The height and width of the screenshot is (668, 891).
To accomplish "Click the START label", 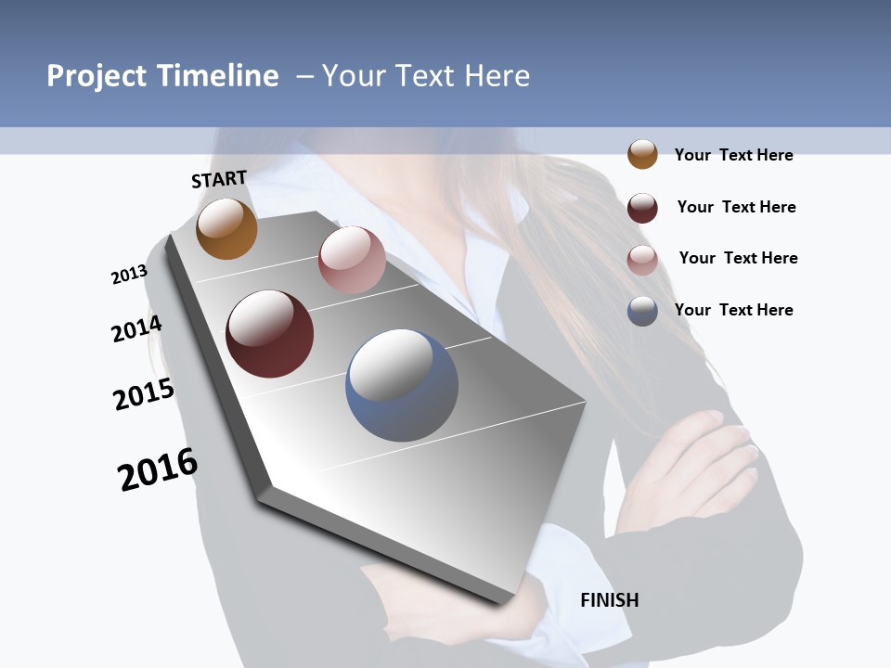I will pos(219,179).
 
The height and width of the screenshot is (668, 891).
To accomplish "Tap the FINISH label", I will pos(609,600).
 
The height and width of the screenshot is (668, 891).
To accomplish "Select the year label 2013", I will pos(129,275).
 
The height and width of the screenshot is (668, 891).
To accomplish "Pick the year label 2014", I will pos(136,328).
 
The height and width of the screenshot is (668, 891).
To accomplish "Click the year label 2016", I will pos(158,469).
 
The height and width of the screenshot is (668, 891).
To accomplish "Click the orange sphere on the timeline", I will pos(226,229).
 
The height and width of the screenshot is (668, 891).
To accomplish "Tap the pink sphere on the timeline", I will pos(352,260).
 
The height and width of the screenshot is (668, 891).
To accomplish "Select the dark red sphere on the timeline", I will pos(270,334).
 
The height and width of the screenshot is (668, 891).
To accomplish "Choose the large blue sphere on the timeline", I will pos(402,385).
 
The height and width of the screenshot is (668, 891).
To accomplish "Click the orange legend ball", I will pos(642,154).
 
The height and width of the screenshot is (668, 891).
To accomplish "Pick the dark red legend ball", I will pos(642,208).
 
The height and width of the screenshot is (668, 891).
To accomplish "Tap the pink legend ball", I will pos(642,260).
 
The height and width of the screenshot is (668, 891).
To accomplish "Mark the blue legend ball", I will pos(642,311).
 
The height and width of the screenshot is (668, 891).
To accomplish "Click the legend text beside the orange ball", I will pos(733,155).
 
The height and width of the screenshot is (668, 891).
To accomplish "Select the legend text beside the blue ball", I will pos(733,310).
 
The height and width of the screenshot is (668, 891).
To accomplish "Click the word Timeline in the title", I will pos(217,76).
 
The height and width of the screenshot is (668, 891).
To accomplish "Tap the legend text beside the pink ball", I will pos(738,258).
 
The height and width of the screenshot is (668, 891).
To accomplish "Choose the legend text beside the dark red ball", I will pos(736,207).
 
